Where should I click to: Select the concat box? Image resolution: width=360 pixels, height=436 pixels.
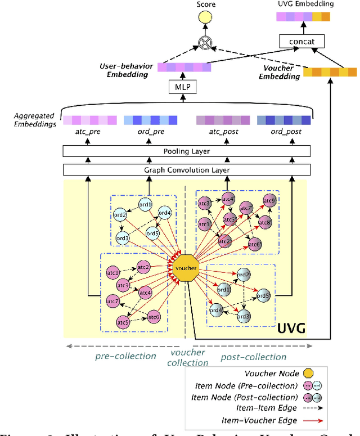pyautogui.click(x=301, y=41)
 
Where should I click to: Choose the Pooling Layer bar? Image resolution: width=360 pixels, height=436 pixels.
pyautogui.click(x=186, y=151)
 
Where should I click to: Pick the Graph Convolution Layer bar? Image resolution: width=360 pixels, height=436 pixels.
pyautogui.click(x=186, y=170)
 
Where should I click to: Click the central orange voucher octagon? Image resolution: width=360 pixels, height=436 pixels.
pyautogui.click(x=186, y=268)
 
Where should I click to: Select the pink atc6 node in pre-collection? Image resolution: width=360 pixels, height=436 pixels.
pyautogui.click(x=153, y=317)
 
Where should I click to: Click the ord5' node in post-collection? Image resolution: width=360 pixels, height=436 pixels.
pyautogui.click(x=263, y=295)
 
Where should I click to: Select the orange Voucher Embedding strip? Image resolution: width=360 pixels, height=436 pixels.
pyautogui.click(x=330, y=72)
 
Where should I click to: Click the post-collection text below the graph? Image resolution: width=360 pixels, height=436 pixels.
pyautogui.click(x=253, y=357)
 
